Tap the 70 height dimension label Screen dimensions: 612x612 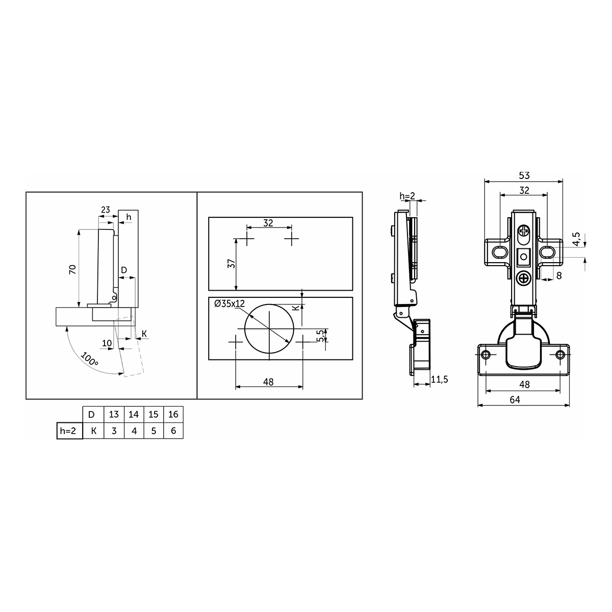click(x=73, y=269)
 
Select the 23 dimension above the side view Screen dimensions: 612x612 click(x=106, y=210)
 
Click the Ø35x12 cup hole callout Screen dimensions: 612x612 click(x=229, y=303)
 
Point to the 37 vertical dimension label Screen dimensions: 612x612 click(x=232, y=264)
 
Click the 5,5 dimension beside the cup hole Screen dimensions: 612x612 click(x=321, y=336)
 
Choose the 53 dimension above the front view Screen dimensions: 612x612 click(x=524, y=175)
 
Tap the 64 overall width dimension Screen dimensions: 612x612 click(x=515, y=399)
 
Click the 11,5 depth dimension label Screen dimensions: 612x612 click(x=440, y=379)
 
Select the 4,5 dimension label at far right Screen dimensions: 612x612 click(x=576, y=239)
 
